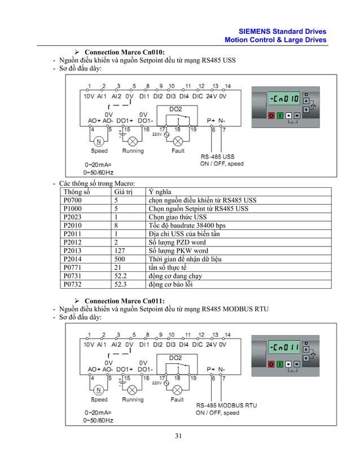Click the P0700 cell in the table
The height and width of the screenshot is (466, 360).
coord(72,200)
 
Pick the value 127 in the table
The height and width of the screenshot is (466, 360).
coord(120,250)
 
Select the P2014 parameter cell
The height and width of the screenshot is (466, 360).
coord(72,259)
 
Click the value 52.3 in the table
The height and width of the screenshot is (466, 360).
coord(121,284)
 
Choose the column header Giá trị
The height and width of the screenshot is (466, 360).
coord(125,191)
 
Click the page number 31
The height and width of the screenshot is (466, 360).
coord(179,436)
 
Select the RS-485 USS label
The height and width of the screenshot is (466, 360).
coord(218,156)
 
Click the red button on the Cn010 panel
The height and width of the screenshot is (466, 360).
coord(271,116)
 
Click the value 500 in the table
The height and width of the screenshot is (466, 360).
coord(120,259)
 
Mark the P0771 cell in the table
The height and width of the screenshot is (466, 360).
coord(72,267)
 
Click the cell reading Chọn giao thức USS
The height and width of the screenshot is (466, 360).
coord(178,217)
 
